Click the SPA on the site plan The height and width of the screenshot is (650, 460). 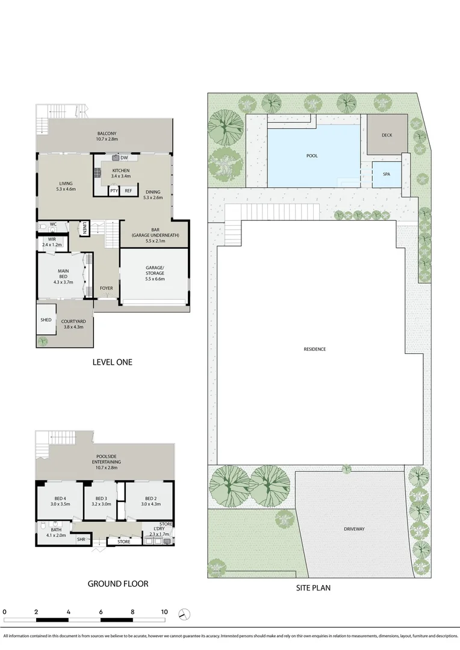387,174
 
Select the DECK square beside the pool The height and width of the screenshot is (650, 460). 387,135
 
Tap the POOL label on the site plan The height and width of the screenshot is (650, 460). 312,155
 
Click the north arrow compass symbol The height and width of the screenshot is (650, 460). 184,614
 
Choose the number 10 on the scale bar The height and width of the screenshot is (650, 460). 164,611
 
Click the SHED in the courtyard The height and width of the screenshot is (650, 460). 46,320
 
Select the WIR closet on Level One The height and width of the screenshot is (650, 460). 52,242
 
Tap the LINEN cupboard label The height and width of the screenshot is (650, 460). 85,229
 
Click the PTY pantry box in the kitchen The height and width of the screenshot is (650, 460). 114,191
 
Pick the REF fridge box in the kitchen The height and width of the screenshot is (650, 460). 128,191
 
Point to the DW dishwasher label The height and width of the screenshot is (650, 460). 123,158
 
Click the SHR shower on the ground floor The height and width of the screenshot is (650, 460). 81,540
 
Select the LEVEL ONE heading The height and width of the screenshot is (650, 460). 112,362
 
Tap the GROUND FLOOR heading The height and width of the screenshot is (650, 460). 118,583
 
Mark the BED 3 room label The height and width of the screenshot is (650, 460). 101,499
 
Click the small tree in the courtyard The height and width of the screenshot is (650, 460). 43,341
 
